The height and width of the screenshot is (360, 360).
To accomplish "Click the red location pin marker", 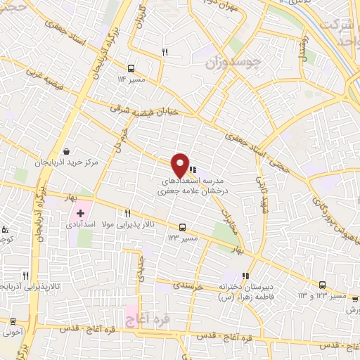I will click(180, 165).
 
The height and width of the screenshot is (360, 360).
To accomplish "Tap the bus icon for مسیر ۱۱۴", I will click(131, 68).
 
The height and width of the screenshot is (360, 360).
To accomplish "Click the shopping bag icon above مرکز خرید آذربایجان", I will click(66, 151).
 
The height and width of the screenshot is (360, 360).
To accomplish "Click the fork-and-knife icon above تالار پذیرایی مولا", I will click(127, 214).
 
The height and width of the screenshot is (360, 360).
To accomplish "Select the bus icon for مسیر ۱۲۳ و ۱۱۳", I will click(322, 285).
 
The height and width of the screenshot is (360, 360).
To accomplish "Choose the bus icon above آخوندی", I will click(13, 321).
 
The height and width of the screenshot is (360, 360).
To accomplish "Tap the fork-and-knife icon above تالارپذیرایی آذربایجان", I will click(26, 275).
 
